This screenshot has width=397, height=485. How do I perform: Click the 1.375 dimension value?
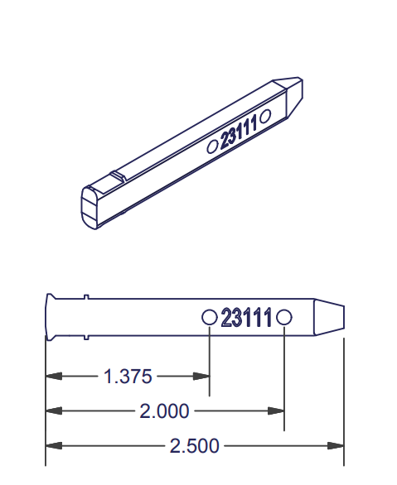[x=128, y=377]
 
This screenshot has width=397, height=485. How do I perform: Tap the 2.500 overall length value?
[x=195, y=447]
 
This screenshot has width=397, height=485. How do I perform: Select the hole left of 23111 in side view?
[x=211, y=317]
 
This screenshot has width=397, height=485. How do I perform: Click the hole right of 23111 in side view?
[x=284, y=317]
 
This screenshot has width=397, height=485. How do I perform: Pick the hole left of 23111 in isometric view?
[x=211, y=146]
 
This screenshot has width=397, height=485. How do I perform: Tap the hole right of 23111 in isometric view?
[x=265, y=117]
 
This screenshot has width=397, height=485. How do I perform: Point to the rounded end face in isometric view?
[x=90, y=207]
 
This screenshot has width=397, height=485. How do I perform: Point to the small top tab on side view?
[x=85, y=296]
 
